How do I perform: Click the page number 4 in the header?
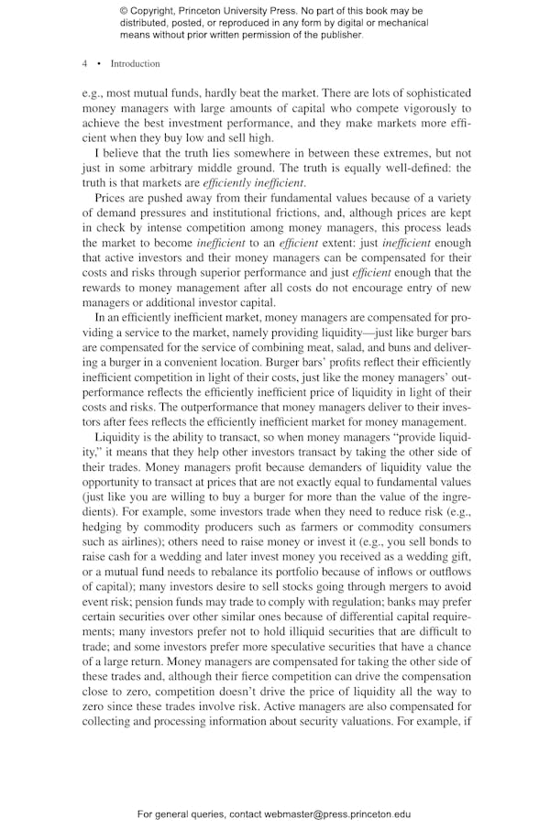tap(84, 64)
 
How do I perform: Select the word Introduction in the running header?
tap(135, 64)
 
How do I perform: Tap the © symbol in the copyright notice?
tap(124, 10)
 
